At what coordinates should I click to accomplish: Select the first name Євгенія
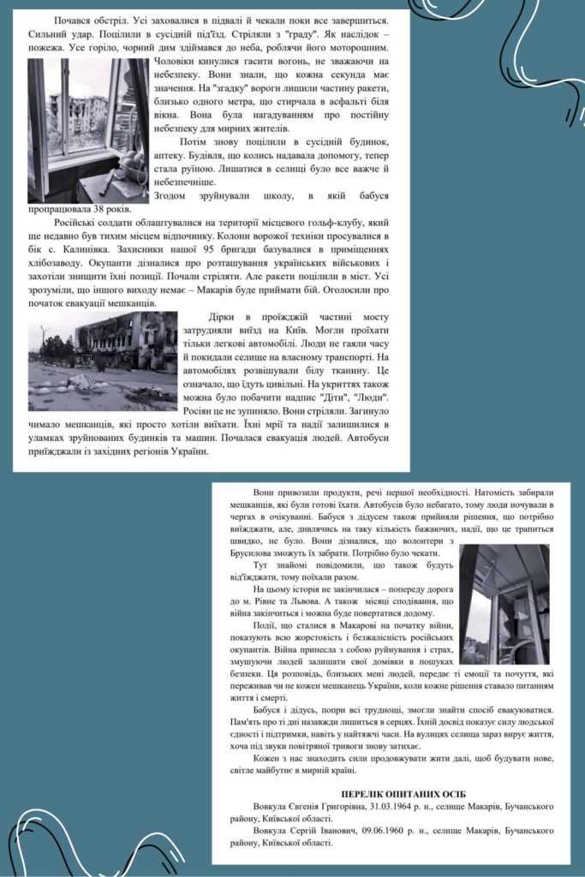click(311, 807)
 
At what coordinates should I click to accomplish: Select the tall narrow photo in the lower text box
click(504, 604)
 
